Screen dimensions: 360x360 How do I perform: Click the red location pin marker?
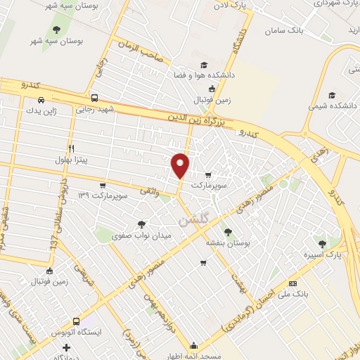(181, 165)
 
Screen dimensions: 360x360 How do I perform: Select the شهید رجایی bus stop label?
(94, 110)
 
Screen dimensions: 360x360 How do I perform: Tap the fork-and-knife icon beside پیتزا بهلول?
(71, 148)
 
